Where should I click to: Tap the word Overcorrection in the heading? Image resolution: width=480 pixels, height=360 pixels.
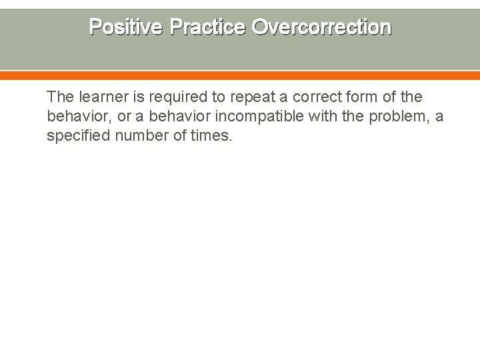point(321,27)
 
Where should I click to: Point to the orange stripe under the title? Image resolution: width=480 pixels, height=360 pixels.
point(240,76)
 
